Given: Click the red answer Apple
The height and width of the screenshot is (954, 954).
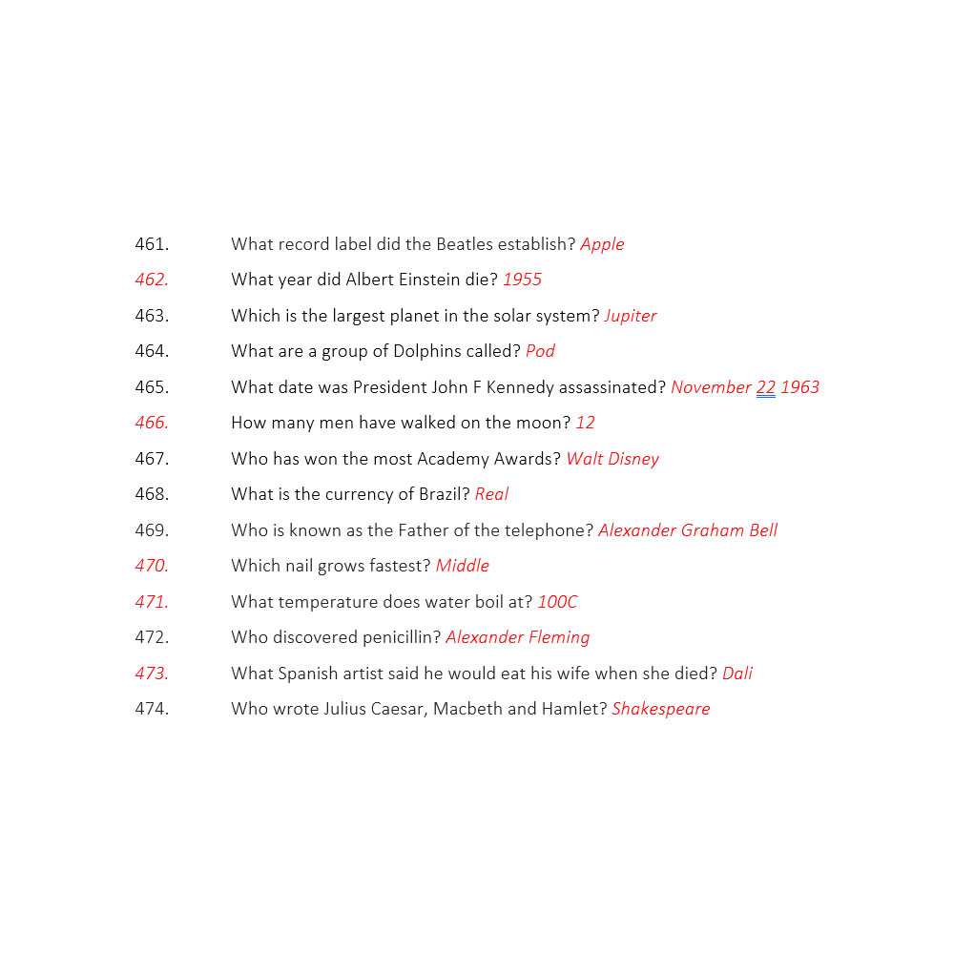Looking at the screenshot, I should pyautogui.click(x=602, y=244).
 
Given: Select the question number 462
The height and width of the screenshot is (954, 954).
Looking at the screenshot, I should pyautogui.click(x=152, y=280).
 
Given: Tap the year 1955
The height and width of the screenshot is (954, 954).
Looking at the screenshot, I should pyautogui.click(x=522, y=280).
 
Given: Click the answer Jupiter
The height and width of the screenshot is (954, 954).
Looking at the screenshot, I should pyautogui.click(x=630, y=316).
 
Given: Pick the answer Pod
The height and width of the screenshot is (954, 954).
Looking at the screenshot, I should pyautogui.click(x=540, y=351).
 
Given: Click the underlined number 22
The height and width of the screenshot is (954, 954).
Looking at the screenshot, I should pyautogui.click(x=765, y=387).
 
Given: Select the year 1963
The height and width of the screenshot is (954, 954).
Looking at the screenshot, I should pyautogui.click(x=799, y=387).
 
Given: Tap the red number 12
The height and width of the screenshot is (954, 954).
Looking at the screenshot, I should pyautogui.click(x=585, y=423).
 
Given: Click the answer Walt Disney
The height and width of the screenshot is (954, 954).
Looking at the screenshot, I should pyautogui.click(x=612, y=459).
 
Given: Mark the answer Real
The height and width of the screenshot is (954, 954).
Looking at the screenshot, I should pyautogui.click(x=491, y=494).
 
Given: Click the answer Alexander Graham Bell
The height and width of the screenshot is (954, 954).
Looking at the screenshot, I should pyautogui.click(x=688, y=530).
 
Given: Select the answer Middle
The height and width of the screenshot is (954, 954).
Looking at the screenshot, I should pyautogui.click(x=462, y=566).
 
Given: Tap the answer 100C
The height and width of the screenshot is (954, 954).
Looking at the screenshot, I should pyautogui.click(x=557, y=602).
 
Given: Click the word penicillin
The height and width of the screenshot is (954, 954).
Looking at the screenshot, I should pyautogui.click(x=396, y=637).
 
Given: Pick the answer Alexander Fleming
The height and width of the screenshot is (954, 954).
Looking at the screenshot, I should pyautogui.click(x=518, y=637).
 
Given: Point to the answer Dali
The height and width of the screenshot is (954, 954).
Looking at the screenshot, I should pyautogui.click(x=737, y=674).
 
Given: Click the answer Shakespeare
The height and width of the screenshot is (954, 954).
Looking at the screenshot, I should pyautogui.click(x=661, y=709).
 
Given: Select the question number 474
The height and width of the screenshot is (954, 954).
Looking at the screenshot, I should pyautogui.click(x=152, y=709).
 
